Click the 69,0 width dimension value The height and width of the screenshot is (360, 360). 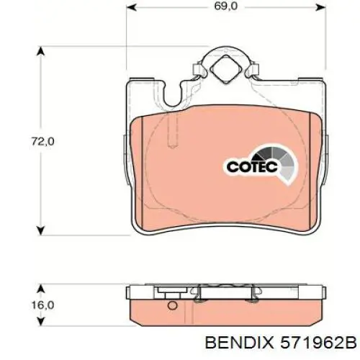pos(226,6)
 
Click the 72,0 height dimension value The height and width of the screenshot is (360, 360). pos(42,141)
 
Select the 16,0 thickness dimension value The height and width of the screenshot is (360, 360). pos(42,305)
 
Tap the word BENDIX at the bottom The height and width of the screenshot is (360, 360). pos(239,342)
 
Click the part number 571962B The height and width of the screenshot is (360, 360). pos(318,342)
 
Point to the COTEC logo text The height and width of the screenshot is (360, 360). pos(252,166)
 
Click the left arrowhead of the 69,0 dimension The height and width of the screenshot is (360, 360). pos(131,7)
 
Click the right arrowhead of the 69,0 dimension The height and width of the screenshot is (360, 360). pos(320,7)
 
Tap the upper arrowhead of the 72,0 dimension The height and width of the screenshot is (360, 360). pos(41,51)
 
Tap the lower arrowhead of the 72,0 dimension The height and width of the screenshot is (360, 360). pos(41,230)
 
